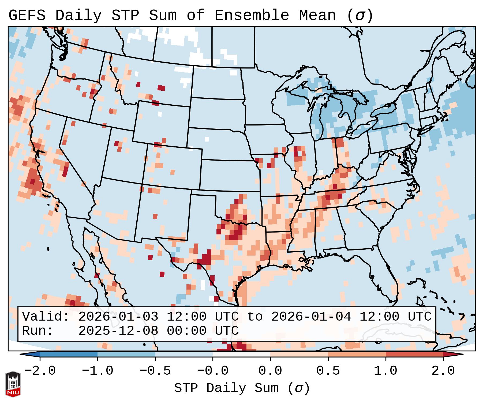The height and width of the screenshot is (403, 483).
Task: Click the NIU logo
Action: [13, 384]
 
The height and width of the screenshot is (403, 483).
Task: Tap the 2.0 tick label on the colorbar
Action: [443, 371]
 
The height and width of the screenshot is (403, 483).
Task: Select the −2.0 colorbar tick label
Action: [40, 371]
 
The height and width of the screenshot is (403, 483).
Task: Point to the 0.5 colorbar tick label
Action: [328, 371]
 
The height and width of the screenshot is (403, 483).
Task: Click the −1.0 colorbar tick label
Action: [98, 371]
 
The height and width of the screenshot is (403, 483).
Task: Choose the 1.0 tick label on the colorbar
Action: [385, 371]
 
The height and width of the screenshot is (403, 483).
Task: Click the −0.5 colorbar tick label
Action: [155, 371]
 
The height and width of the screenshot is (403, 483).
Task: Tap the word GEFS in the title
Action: [27, 16]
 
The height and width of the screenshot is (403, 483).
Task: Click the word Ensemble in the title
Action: [252, 16]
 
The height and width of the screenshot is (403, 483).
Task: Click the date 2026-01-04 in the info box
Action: [311, 317]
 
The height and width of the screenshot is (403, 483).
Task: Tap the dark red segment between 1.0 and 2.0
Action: [414, 354]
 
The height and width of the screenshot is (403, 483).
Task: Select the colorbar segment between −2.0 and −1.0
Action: [69, 354]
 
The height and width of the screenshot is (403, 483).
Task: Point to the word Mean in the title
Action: [317, 16]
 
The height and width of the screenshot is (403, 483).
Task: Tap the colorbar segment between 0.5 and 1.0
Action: [357, 354]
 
